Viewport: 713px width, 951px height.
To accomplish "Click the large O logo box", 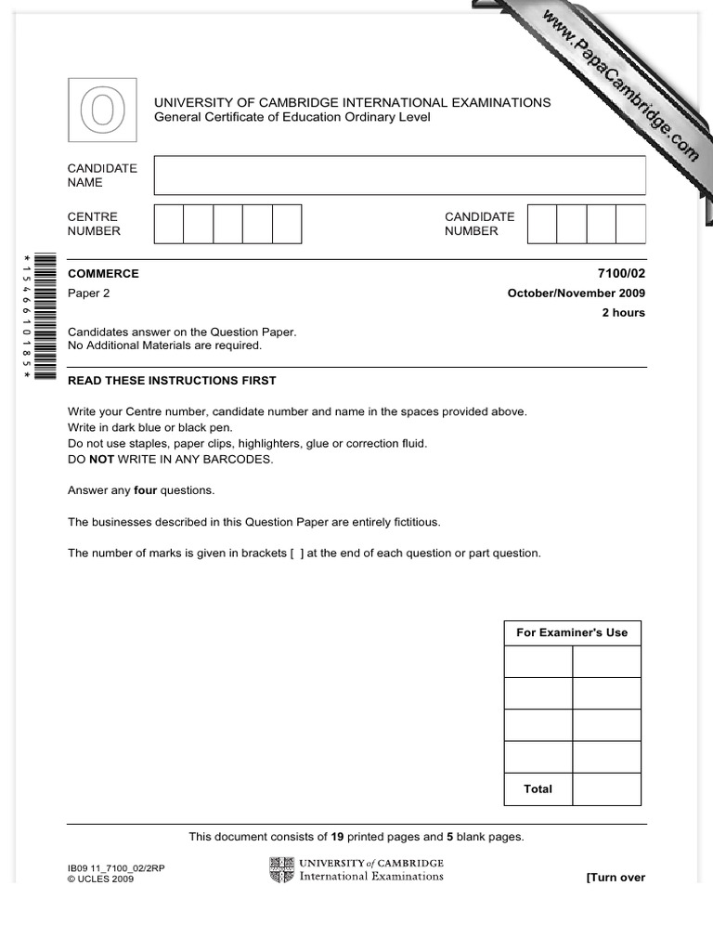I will [102, 111].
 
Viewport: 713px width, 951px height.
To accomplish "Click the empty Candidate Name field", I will [399, 176].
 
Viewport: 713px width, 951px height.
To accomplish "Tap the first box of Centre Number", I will [169, 224].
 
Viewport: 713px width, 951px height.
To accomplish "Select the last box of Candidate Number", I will [630, 224].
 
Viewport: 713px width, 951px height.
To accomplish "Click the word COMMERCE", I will [103, 274].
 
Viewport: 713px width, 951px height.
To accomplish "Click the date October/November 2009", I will [576, 293].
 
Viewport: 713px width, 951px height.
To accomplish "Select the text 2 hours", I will [624, 313].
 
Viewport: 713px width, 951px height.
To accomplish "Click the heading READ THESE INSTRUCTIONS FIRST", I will [172, 381].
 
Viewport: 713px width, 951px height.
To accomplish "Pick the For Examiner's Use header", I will [572, 632].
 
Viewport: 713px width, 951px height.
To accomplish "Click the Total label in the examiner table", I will [538, 789].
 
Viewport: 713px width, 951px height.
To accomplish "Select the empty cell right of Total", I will [606, 789].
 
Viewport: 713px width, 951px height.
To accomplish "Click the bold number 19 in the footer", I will [337, 837].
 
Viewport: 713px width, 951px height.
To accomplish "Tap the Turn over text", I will [615, 878].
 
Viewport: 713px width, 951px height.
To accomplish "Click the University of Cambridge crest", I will [281, 870].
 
